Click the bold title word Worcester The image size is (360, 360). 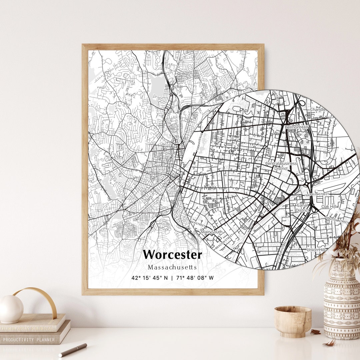[x=172, y=255]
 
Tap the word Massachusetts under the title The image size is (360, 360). [x=172, y=267]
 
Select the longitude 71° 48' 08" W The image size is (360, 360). [x=195, y=278]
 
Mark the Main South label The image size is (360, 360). [x=211, y=232]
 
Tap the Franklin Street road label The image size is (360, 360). [x=316, y=194]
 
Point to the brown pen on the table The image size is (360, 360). [x=73, y=350]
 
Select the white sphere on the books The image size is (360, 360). [x=11, y=309]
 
